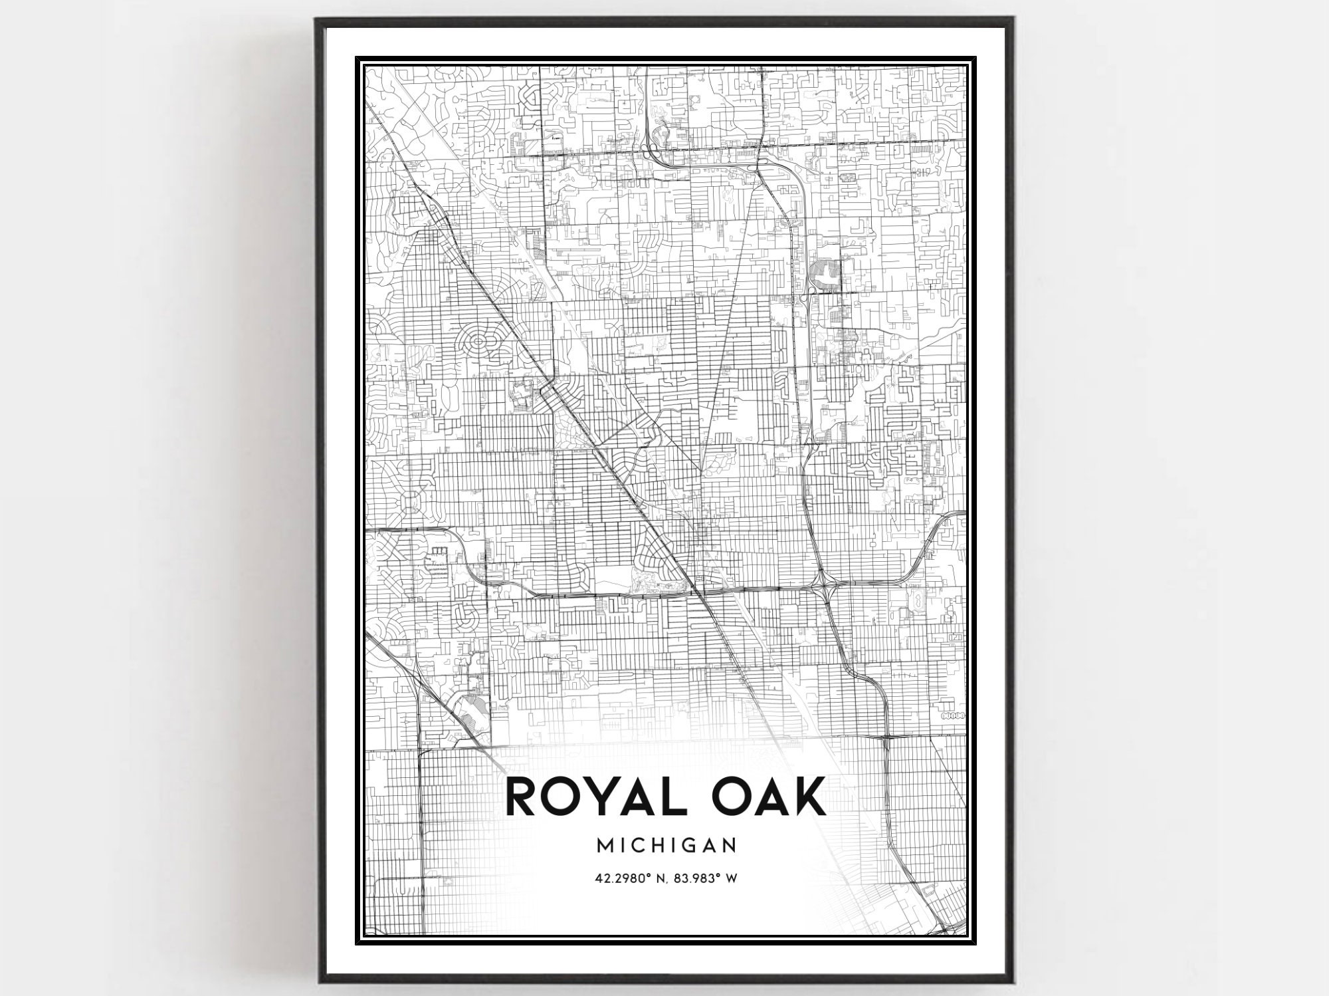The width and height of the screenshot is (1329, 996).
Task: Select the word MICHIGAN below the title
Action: coord(666,845)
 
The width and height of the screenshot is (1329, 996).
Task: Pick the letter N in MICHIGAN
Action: coord(729,845)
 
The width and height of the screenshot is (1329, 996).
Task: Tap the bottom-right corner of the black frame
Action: coord(1012,981)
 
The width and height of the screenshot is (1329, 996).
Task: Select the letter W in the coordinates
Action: coord(731,878)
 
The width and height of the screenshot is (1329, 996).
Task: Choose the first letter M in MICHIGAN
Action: coord(605,845)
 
